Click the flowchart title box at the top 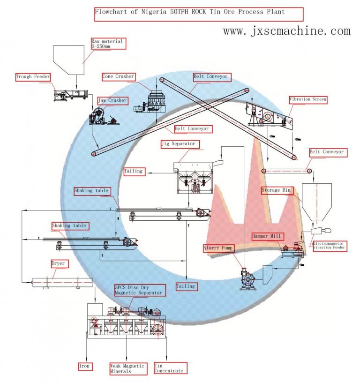pyautogui.click(x=198, y=13)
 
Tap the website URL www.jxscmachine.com pyautogui.click(x=286, y=31)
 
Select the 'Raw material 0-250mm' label pyautogui.click(x=107, y=44)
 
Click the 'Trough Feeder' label pyautogui.click(x=33, y=77)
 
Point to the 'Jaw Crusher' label pyautogui.click(x=112, y=101)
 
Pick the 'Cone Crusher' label pyautogui.click(x=118, y=76)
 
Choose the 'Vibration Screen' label pyautogui.click(x=307, y=100)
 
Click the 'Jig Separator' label pyautogui.click(x=178, y=143)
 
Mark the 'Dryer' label pyautogui.click(x=58, y=264)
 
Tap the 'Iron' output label pyautogui.click(x=85, y=366)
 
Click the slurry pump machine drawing pyautogui.click(x=247, y=280)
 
